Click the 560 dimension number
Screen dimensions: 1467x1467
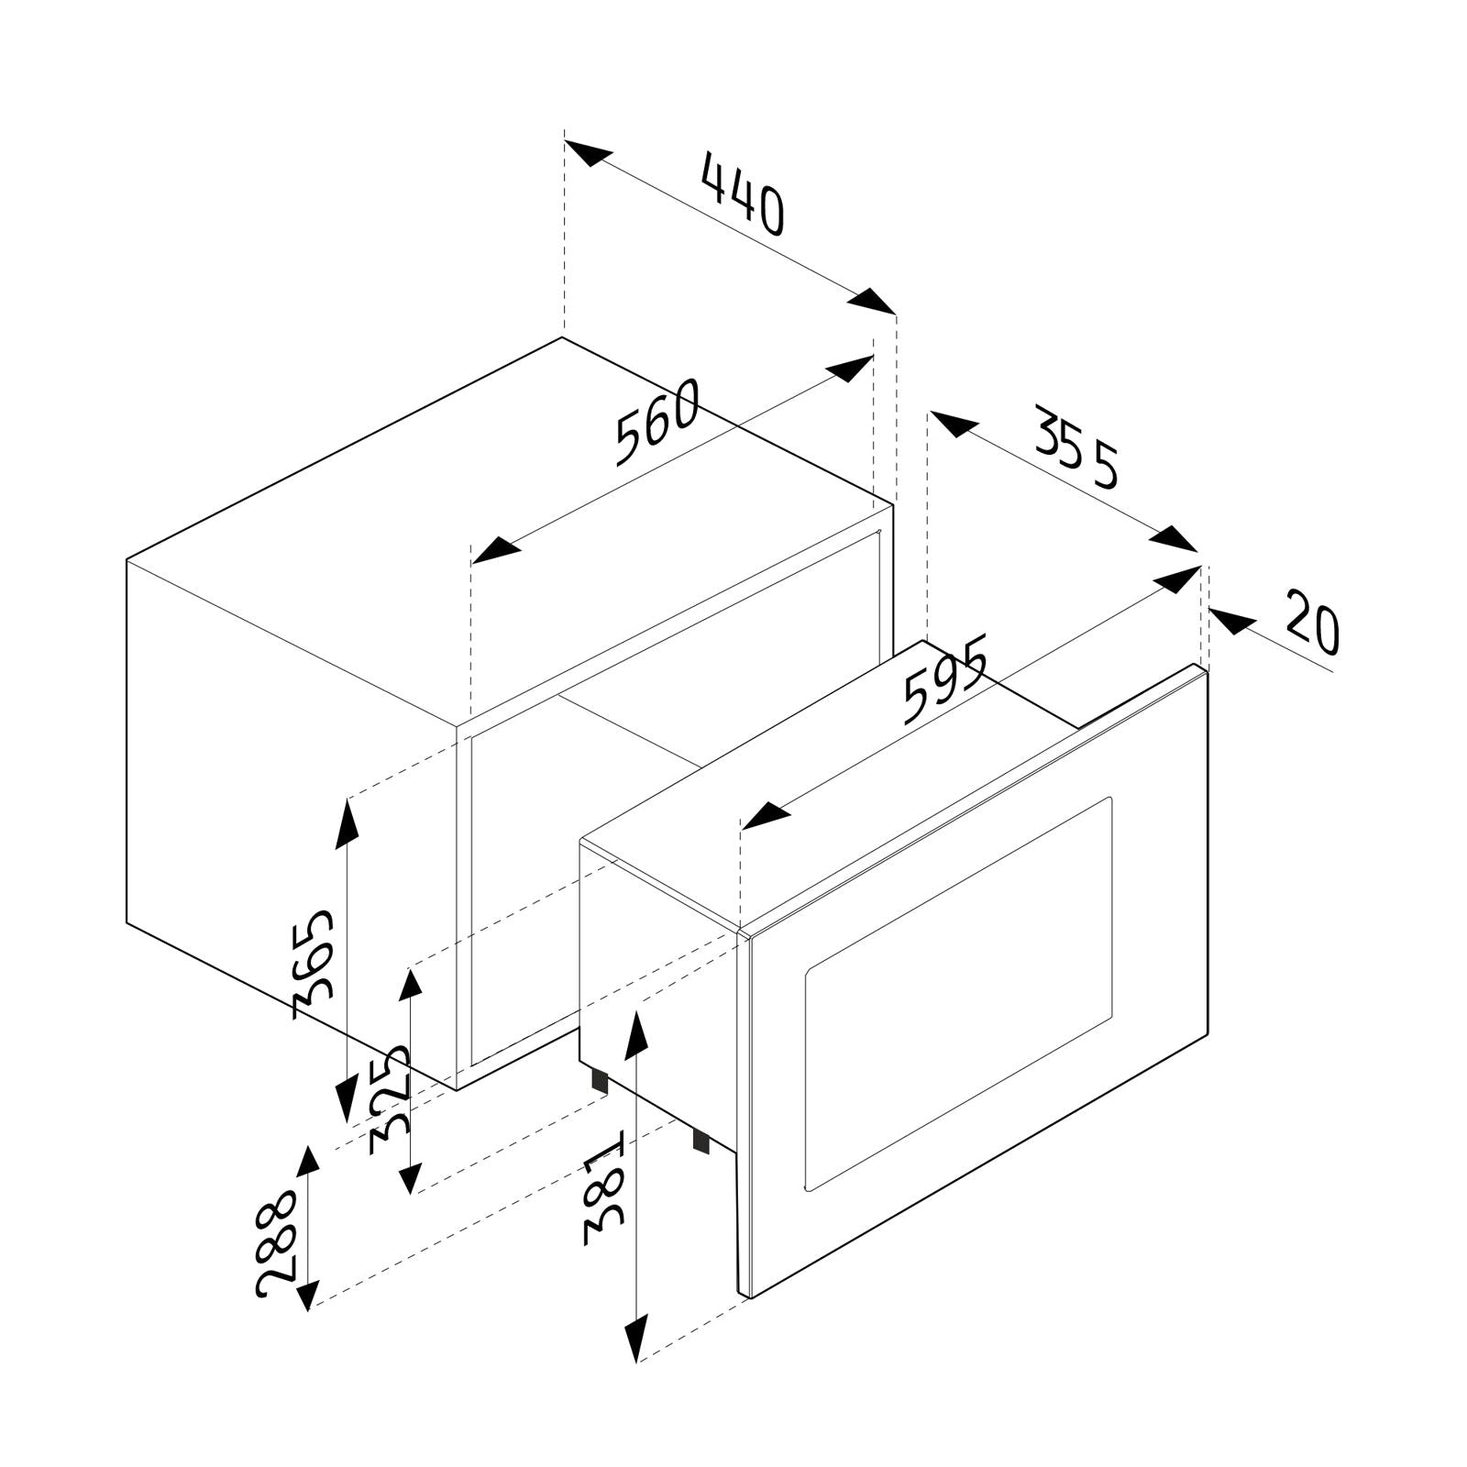click(656, 423)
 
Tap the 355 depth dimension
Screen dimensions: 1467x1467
click(1078, 445)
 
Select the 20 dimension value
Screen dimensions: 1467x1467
click(1312, 623)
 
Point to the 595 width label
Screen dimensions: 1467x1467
click(944, 678)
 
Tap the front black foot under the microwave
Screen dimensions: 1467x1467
click(700, 1140)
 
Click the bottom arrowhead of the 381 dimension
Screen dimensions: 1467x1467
click(636, 1338)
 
